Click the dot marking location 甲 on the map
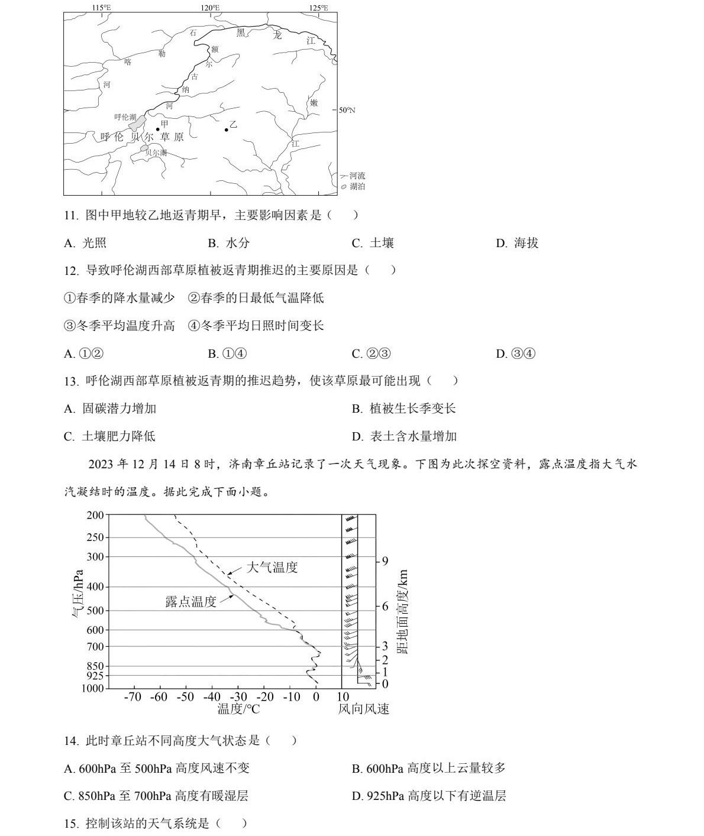click(x=157, y=129)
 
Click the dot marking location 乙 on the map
click(x=227, y=129)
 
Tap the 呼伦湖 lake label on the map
click(x=125, y=117)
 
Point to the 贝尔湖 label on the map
click(x=156, y=153)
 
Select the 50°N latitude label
click(x=347, y=110)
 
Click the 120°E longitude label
click(x=209, y=8)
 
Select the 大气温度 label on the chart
click(x=272, y=568)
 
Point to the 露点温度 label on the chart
click(x=191, y=602)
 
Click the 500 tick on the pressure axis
click(x=95, y=611)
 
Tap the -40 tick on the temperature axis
click(x=211, y=697)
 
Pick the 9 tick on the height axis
click(x=385, y=560)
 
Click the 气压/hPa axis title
click(x=77, y=594)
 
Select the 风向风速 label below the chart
click(x=364, y=709)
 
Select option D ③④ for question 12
click(x=516, y=354)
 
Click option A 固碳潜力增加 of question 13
click(x=111, y=409)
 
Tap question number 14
click(x=71, y=741)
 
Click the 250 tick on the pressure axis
click(x=95, y=537)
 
